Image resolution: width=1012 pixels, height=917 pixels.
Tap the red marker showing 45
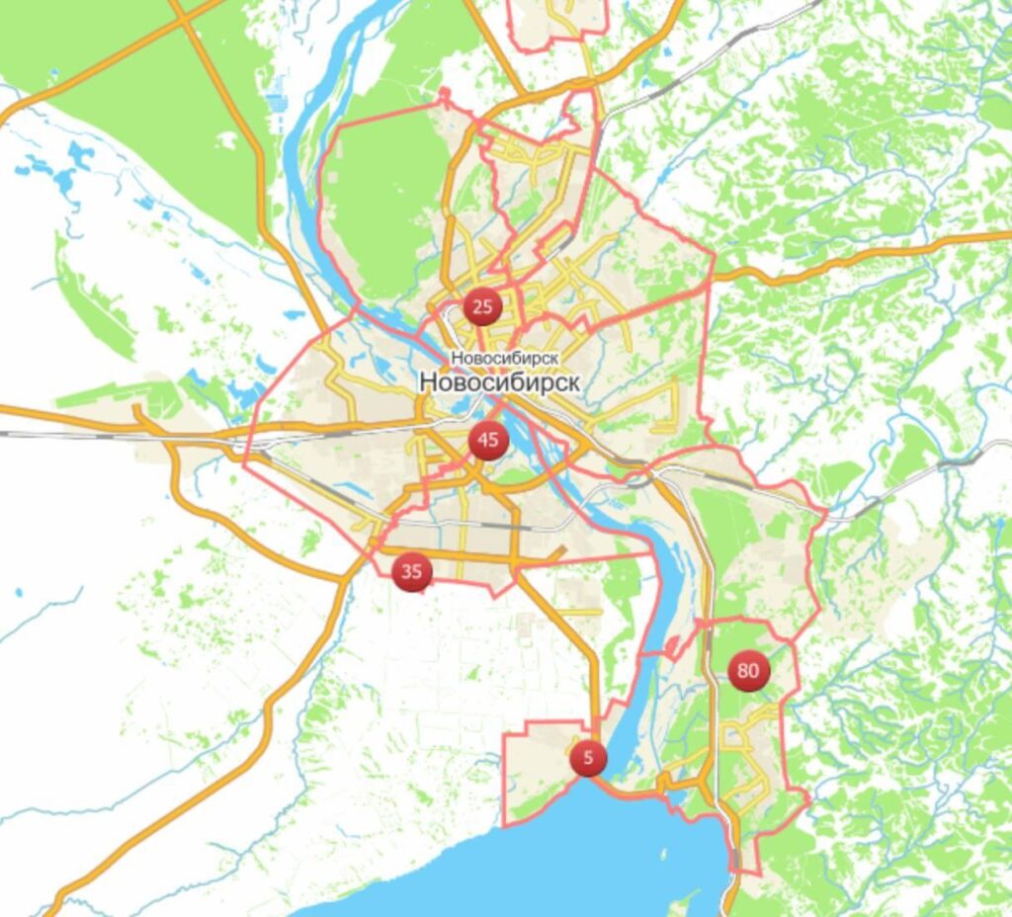pyautogui.click(x=488, y=440)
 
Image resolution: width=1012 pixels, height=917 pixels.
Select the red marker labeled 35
pyautogui.click(x=412, y=571)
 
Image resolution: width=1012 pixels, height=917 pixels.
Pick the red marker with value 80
pyautogui.click(x=748, y=672)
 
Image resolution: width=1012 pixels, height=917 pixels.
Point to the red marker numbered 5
pyautogui.click(x=588, y=759)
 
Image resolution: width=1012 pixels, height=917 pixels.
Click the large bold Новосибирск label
pyautogui.click(x=499, y=381)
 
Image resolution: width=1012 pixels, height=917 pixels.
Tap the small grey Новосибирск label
pyautogui.click(x=505, y=358)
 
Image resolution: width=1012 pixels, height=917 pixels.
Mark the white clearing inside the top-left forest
pyautogui.click(x=227, y=141)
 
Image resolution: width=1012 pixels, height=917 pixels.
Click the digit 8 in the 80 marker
pyautogui.click(x=742, y=672)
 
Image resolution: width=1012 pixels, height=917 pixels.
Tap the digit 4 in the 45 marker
pyautogui.click(x=482, y=440)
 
